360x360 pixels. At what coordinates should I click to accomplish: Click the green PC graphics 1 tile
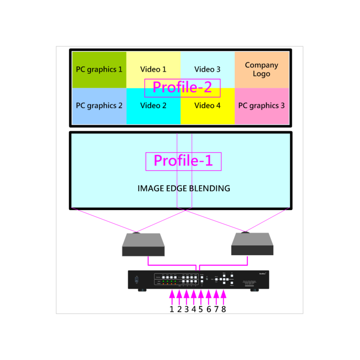coord(99,70)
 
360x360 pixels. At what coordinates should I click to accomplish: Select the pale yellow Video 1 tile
coord(153,67)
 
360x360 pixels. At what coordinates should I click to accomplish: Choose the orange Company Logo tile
coord(261,70)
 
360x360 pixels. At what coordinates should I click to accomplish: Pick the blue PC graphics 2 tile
coord(99,106)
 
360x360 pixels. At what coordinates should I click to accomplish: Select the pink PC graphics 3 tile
coord(261,106)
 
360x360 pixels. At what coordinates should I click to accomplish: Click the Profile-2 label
coord(182,88)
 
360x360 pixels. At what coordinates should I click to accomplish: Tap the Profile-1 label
coord(183,161)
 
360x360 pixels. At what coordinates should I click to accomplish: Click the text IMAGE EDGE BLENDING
coord(184,189)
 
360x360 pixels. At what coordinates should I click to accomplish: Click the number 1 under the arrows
coord(171,309)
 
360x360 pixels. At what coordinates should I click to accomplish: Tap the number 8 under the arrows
coord(224,309)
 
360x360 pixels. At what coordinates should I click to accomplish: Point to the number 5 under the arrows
coord(201,309)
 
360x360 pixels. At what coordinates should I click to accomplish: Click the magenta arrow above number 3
coord(186,297)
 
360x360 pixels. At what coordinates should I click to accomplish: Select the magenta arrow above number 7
coord(216,297)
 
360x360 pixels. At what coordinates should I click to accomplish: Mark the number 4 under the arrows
coord(194,309)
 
